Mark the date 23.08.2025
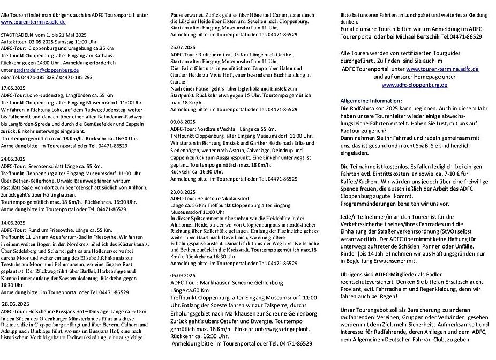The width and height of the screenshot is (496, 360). click(180, 191)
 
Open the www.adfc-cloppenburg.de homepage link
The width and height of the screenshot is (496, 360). click(410, 85)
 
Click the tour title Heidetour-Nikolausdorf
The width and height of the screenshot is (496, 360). click(227, 198)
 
